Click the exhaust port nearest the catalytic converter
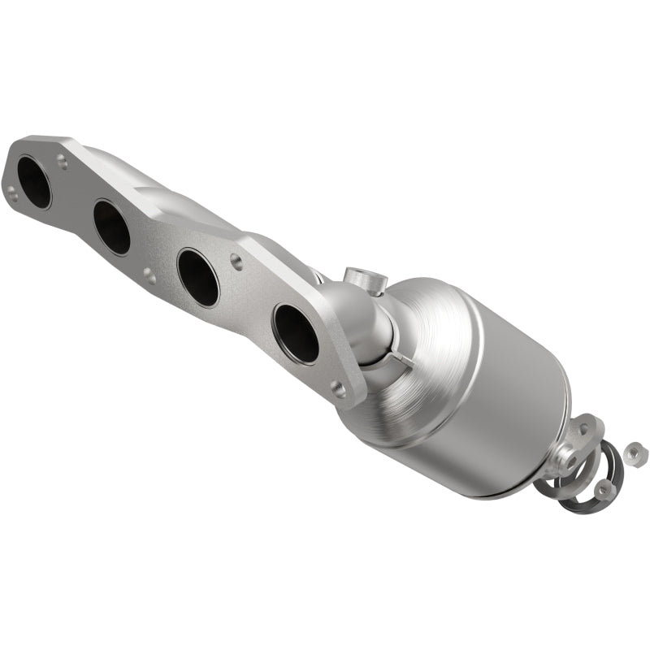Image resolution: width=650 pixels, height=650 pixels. (297, 333)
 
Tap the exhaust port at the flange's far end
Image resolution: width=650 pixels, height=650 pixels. (34, 181)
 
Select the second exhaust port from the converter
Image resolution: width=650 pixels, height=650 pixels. (198, 277)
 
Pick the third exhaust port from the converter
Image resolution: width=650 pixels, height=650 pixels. (112, 227)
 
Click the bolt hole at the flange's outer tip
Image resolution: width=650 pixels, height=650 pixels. (11, 192)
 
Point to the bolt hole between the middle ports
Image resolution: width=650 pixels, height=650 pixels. (149, 275)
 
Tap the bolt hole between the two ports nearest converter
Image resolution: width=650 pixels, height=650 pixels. (236, 261)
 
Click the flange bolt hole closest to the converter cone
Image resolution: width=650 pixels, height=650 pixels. (337, 389)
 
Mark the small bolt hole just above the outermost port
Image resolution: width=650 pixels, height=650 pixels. (63, 162)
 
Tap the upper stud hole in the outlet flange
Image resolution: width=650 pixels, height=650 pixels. (583, 429)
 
